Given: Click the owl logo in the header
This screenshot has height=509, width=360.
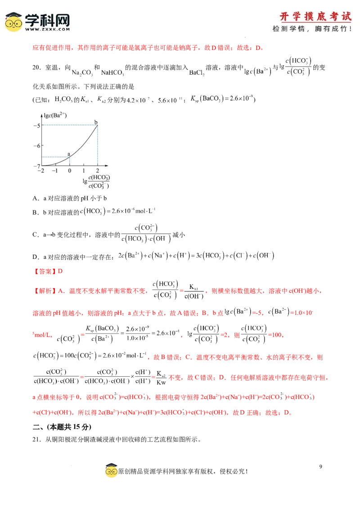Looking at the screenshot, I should pos(13,22).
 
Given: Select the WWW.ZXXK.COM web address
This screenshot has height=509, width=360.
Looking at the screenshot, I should pos(47,29).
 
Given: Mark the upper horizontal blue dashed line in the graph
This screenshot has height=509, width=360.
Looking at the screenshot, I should pos(70,123).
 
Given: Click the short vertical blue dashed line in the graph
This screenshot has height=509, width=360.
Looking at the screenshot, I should pos(70,161).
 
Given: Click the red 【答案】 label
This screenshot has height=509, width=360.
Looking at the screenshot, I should pos(45,271).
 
